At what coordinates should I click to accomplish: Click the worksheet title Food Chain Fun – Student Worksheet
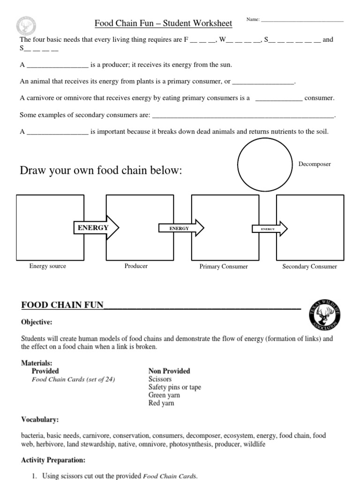[164, 23]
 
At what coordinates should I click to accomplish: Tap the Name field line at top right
[302, 21]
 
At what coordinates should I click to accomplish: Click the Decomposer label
[315, 164]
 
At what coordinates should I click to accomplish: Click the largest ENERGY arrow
[96, 228]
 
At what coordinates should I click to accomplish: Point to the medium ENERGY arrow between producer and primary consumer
[180, 228]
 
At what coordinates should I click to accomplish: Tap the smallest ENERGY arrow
[269, 229]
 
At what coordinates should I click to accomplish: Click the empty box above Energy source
[50, 227]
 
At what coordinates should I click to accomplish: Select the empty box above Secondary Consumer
[309, 228]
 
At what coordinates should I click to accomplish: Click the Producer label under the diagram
[136, 266]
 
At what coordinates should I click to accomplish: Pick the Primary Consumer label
[224, 266]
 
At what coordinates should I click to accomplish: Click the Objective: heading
[37, 322]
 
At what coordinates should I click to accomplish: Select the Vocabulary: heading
[40, 419]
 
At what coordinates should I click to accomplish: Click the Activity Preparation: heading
[53, 460]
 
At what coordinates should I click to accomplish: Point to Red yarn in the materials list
[161, 403]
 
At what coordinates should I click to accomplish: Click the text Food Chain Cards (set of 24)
[73, 379]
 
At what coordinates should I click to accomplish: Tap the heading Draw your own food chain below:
[100, 171]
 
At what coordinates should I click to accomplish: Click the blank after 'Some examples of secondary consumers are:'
[244, 115]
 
